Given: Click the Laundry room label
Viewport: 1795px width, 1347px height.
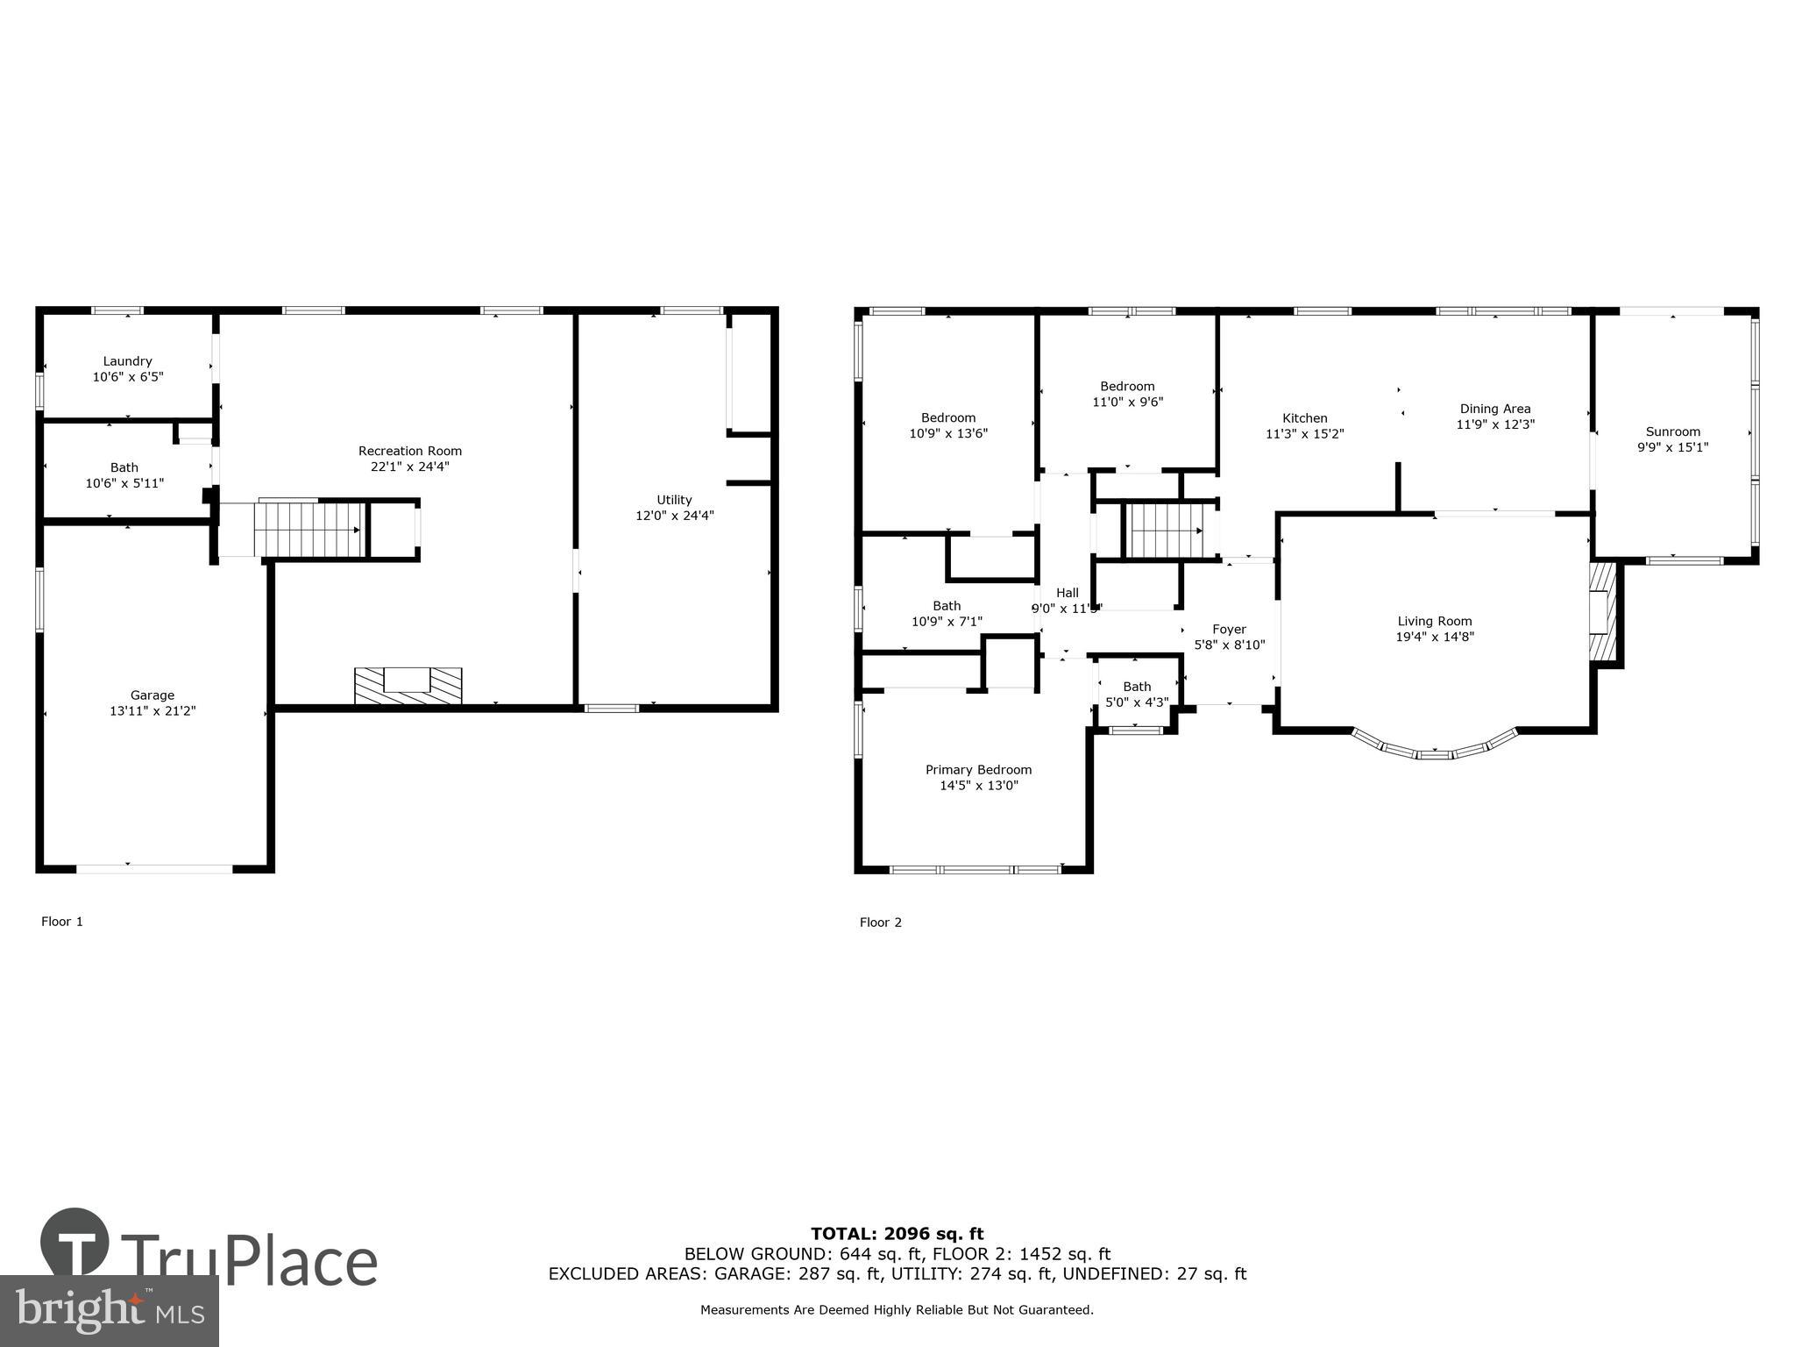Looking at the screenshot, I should [127, 361].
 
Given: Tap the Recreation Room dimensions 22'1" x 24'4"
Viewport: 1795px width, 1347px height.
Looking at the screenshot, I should [409, 467].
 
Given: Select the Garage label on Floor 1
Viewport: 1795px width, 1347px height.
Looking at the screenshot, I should [153, 695].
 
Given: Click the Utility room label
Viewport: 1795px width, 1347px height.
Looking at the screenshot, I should [674, 500].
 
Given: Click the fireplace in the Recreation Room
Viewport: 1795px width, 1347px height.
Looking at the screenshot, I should [408, 685].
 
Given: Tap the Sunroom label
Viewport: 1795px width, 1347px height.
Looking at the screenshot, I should [1672, 431].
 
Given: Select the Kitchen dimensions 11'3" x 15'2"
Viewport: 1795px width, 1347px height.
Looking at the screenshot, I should [1304, 434].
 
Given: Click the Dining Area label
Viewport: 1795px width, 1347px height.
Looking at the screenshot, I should [1494, 409].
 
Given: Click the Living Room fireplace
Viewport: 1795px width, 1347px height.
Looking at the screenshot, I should [1602, 623].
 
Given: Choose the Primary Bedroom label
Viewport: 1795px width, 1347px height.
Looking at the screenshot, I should [978, 770].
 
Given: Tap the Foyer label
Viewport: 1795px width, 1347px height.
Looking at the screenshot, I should [1229, 629].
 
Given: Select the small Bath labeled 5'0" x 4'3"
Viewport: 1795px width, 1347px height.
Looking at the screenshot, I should [1136, 694].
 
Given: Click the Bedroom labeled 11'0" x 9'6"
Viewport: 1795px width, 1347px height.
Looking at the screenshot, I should [1127, 394].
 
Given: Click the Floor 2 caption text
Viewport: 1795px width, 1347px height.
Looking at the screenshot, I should [880, 923].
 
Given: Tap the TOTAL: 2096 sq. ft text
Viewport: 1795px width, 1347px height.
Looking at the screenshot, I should [897, 1234].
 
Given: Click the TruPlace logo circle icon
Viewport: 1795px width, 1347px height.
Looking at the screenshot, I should [75, 1242].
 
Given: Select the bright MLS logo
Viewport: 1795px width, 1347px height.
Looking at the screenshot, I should [109, 1310].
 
